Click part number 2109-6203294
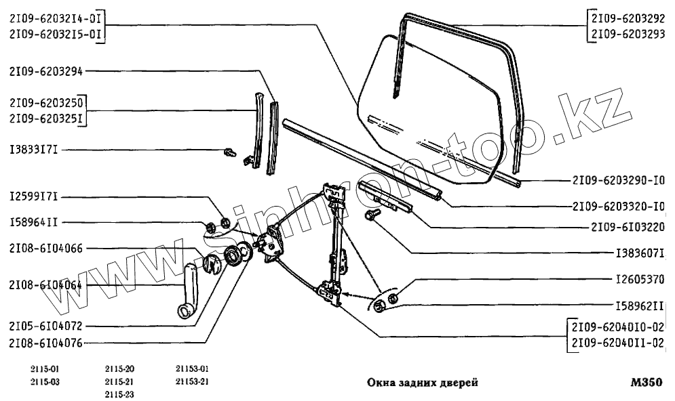(46, 70)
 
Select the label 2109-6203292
(629, 18)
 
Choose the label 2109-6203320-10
(619, 205)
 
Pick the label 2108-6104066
(46, 249)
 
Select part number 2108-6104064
(46, 285)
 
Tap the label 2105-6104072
(46, 326)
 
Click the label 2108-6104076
(46, 343)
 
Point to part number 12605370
(639, 278)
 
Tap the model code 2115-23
(119, 394)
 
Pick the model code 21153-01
(192, 369)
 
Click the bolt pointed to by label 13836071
(372, 215)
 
